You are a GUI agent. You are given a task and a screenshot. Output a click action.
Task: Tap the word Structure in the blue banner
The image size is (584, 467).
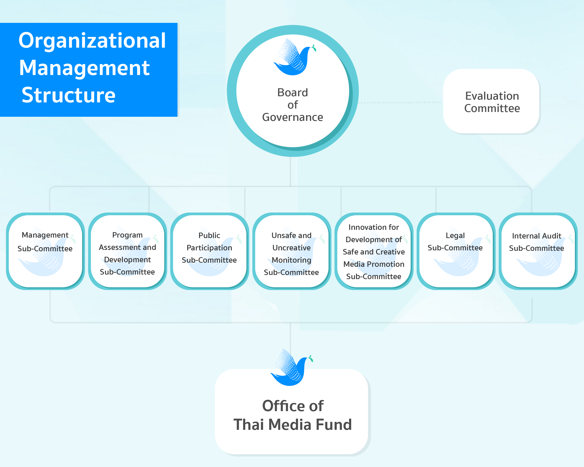coord(68,95)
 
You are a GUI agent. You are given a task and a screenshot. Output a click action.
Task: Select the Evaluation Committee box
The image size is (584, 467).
coord(491,101)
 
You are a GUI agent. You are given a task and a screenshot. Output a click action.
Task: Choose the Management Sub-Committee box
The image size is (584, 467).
coord(45,251)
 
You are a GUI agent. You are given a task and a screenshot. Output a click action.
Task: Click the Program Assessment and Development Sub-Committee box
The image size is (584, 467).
coord(127,251)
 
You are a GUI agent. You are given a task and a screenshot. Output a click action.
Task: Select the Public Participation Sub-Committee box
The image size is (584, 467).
coord(209,251)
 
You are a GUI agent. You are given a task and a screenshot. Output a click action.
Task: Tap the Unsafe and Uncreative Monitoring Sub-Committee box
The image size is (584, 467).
coord(292,251)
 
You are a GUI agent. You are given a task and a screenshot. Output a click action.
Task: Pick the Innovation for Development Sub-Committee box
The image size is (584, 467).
coord(374,251)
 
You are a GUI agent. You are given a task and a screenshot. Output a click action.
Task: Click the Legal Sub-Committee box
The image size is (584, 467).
coord(456,251)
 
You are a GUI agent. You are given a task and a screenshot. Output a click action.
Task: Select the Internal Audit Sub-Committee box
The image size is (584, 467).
coord(538,251)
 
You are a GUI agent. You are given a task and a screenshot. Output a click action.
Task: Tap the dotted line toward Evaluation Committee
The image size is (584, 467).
coord(400,103)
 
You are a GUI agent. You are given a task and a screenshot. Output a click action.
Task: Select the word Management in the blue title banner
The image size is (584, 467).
coord(84,68)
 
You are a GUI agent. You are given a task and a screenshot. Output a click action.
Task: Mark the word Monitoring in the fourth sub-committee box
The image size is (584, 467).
coord(292,260)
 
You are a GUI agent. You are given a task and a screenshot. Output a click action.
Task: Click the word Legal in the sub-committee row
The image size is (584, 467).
coord(455,236)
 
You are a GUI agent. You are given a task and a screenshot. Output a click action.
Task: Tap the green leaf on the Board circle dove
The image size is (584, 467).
coord(314,48)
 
